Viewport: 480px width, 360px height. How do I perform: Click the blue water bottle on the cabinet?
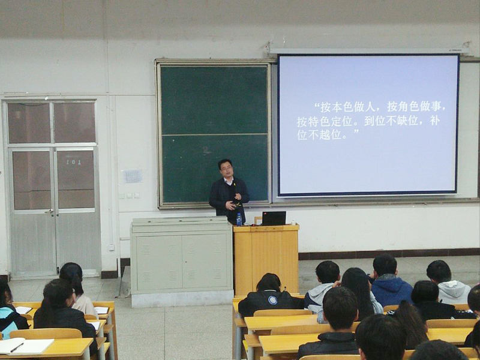pos(239,220)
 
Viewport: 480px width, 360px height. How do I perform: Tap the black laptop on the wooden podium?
pos(274,218)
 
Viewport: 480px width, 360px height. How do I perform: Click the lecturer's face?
pos(226,170)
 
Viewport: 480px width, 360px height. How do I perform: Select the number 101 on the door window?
pos(74,162)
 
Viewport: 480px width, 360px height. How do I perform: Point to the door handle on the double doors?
pos(49,211)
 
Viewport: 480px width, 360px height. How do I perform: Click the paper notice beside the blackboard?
pos(133,176)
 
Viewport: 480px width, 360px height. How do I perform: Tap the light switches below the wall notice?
pos(129,196)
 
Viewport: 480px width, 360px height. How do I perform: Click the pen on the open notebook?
pos(17,347)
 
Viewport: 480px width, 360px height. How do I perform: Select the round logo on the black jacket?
pos(272,300)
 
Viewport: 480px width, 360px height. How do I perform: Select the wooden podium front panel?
pos(266,261)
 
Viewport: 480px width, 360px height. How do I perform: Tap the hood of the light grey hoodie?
pos(453,290)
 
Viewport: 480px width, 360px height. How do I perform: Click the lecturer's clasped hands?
pos(233,202)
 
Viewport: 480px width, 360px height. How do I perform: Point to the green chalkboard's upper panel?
pos(214,100)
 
